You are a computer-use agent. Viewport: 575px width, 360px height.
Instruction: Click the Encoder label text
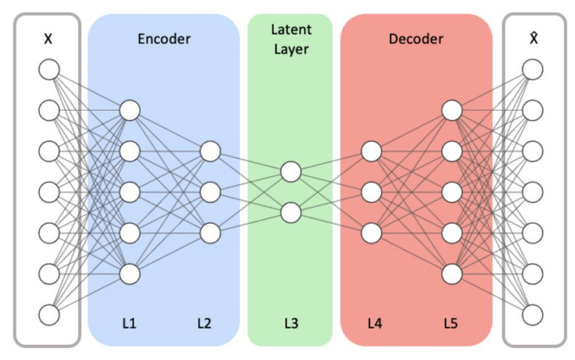tap(164, 39)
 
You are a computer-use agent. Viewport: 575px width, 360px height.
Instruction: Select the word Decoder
tap(416, 39)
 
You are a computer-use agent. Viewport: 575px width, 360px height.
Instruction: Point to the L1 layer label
tap(129, 322)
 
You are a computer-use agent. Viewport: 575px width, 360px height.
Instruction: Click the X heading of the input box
tap(48, 39)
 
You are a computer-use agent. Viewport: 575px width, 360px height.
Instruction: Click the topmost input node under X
tap(49, 69)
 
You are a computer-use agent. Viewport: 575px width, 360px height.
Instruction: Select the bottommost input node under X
tap(49, 315)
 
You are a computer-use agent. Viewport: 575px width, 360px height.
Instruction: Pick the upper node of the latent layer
tap(290, 172)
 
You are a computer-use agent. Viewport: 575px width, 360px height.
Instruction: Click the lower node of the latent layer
tap(290, 212)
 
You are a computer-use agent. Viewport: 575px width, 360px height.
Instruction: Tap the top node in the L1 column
tap(130, 111)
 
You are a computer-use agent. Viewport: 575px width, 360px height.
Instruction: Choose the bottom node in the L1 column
tap(130, 273)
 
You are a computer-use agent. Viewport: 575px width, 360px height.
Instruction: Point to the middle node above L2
tap(210, 192)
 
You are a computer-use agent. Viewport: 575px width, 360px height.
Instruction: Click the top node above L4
tap(370, 152)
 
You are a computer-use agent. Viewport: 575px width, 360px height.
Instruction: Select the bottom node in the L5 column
tap(452, 273)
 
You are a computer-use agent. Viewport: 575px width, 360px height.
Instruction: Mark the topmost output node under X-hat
tap(532, 69)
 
